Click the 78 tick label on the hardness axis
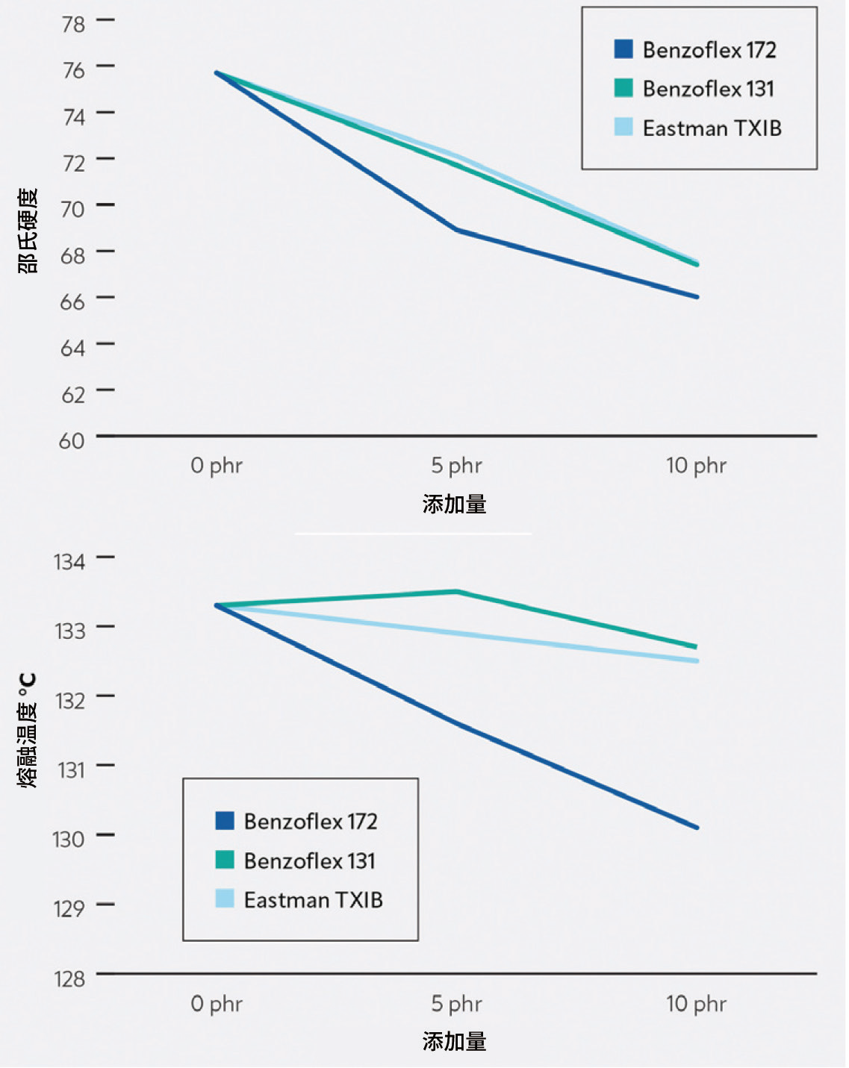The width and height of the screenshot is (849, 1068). [74, 24]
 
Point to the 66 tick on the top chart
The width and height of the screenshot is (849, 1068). [73, 302]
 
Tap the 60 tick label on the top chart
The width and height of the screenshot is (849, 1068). [72, 440]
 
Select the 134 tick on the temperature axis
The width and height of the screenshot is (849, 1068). [70, 561]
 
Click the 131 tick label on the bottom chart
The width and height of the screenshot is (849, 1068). [71, 769]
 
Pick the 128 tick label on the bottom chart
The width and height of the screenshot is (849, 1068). [69, 978]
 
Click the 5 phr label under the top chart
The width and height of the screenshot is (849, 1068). [456, 466]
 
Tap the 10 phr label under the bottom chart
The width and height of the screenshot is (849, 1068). [696, 1004]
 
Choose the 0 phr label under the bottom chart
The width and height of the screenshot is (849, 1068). [217, 1004]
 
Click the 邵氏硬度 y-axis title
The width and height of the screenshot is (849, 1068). [28, 231]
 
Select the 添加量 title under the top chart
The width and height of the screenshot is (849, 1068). [455, 505]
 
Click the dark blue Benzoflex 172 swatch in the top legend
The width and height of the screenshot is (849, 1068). [623, 50]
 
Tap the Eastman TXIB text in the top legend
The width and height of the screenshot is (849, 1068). [712, 128]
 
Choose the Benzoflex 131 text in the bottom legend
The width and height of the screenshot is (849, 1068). [309, 861]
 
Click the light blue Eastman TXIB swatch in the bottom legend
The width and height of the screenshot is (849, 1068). [225, 899]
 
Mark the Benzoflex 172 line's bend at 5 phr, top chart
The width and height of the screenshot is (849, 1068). [457, 230]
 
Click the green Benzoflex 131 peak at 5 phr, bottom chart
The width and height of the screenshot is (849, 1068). [457, 592]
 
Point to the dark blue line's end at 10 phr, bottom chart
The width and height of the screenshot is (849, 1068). [697, 827]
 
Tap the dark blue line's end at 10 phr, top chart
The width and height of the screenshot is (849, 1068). [697, 297]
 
